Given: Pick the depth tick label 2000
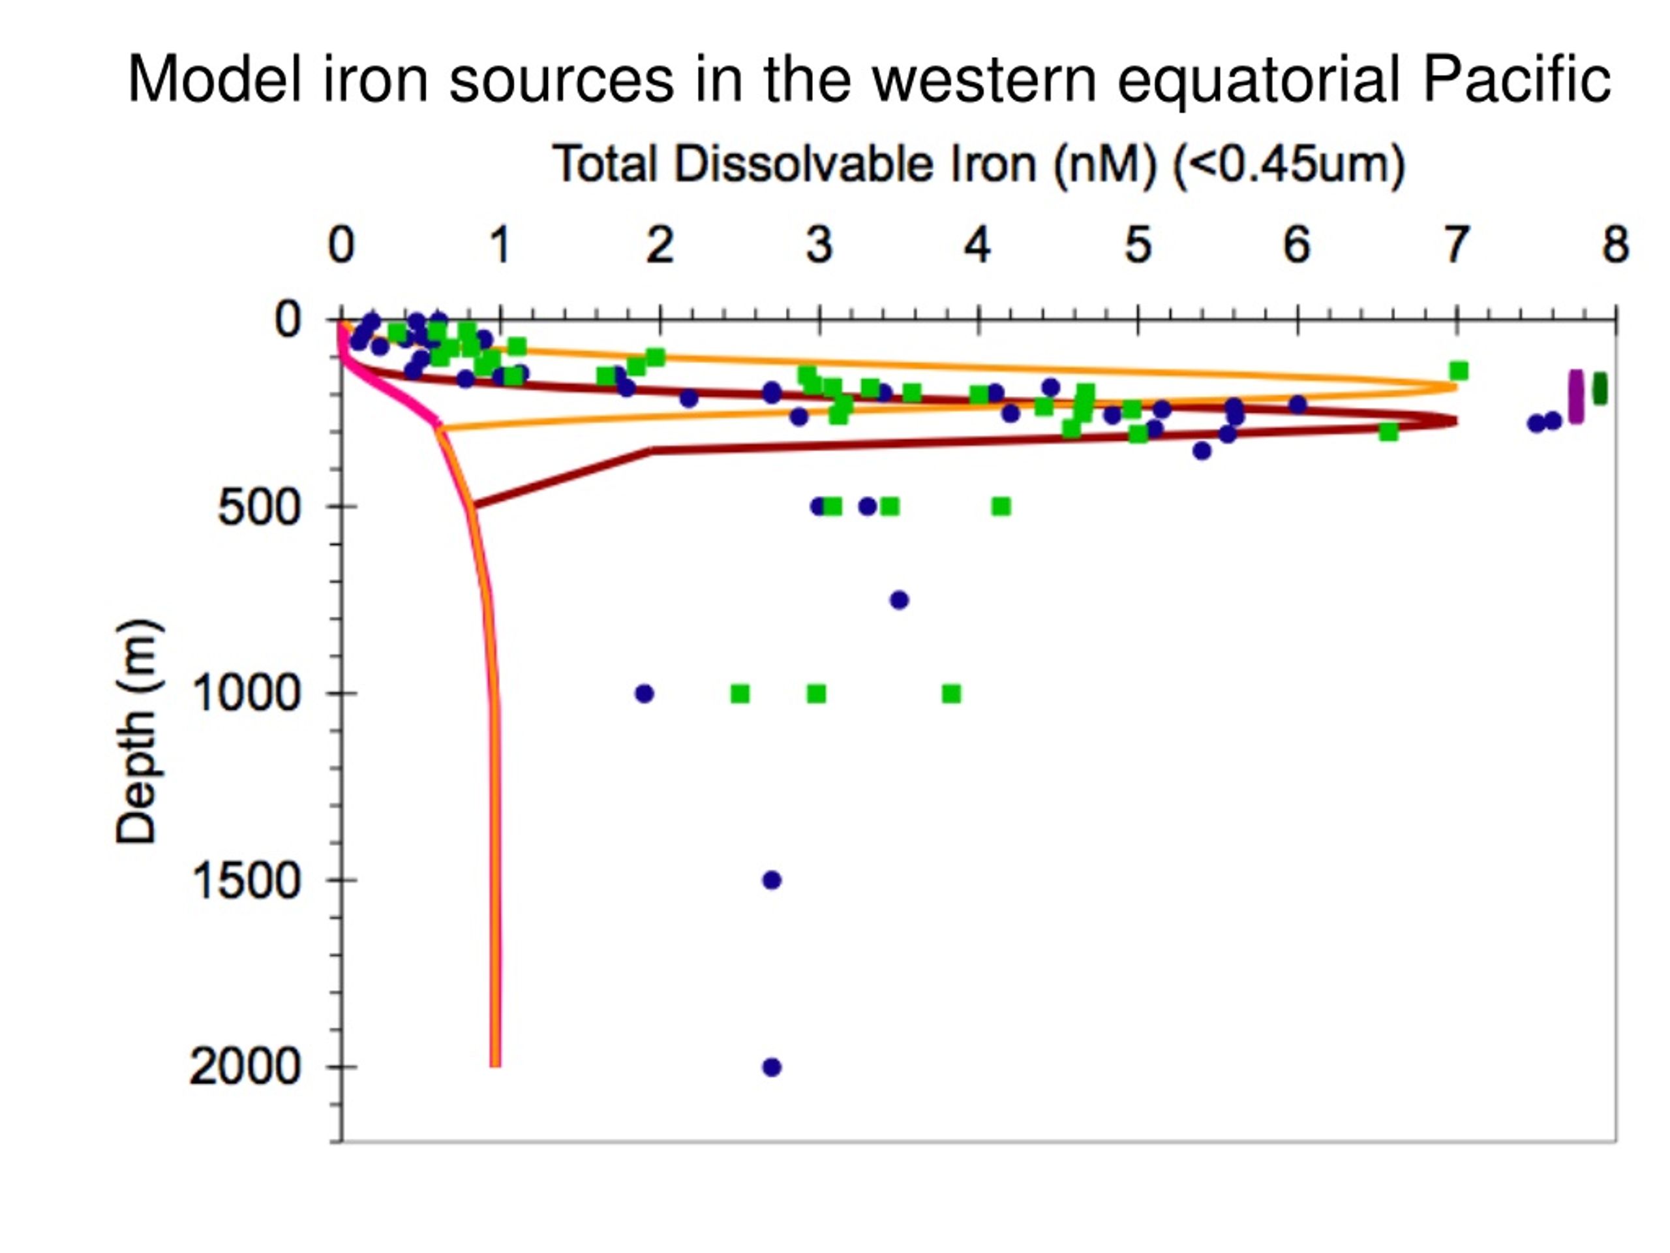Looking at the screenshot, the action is pyautogui.click(x=245, y=1067).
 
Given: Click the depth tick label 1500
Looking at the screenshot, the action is pyautogui.click(x=246, y=880).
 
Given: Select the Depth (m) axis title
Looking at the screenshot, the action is pyautogui.click(x=138, y=731).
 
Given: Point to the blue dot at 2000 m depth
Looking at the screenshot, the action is pyautogui.click(x=772, y=1067).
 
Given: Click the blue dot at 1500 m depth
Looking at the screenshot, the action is pyautogui.click(x=772, y=880).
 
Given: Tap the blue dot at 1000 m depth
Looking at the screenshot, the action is pyautogui.click(x=644, y=693).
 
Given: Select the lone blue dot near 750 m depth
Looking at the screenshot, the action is pyautogui.click(x=899, y=600).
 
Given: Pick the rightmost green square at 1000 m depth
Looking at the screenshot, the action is pyautogui.click(x=952, y=693).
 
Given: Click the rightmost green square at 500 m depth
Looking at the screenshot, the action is pyautogui.click(x=1001, y=506).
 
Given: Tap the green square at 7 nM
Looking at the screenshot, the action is pyautogui.click(x=1459, y=371).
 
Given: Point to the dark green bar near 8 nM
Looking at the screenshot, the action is pyautogui.click(x=1600, y=389).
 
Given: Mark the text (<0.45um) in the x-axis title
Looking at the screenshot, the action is pyautogui.click(x=1288, y=163).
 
